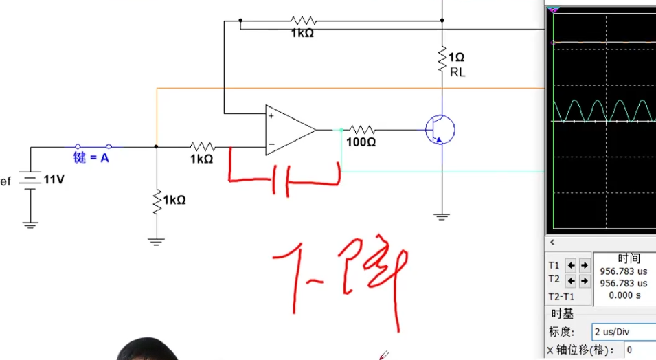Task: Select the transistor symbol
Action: [x=439, y=129]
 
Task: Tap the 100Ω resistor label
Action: [x=362, y=142]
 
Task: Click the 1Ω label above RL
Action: [x=456, y=58]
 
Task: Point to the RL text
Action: [x=457, y=71]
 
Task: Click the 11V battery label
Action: [x=54, y=179]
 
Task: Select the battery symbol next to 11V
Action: [x=30, y=180]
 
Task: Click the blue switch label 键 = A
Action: [x=91, y=157]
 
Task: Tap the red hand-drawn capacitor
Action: [x=283, y=179]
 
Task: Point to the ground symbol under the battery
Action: [x=30, y=223]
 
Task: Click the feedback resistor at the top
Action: [x=302, y=21]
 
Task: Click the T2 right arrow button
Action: [x=584, y=280]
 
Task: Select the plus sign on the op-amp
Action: [x=271, y=116]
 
